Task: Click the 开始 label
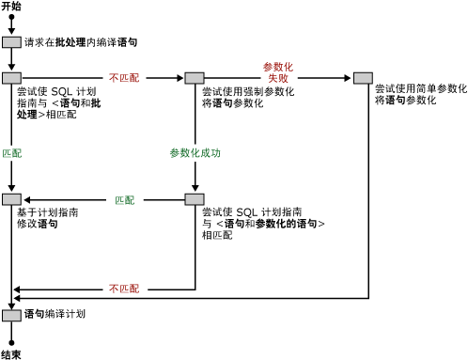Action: pos(11,6)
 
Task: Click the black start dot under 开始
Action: pos(11,18)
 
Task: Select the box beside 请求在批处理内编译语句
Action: pos(11,42)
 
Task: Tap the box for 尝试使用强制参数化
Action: pos(195,78)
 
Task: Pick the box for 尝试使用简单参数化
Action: pos(363,78)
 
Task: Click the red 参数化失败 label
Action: pos(277,72)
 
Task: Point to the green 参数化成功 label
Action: pos(195,152)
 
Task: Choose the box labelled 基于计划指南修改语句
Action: pos(11,199)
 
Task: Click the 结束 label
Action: pos(11,354)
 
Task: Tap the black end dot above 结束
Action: pos(11,341)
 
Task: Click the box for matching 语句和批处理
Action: pos(11,78)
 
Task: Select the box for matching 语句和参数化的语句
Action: pos(195,199)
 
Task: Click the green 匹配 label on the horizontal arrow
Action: pos(124,199)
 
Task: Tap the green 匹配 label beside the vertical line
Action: pos(11,152)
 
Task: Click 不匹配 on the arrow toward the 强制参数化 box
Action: pos(124,78)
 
